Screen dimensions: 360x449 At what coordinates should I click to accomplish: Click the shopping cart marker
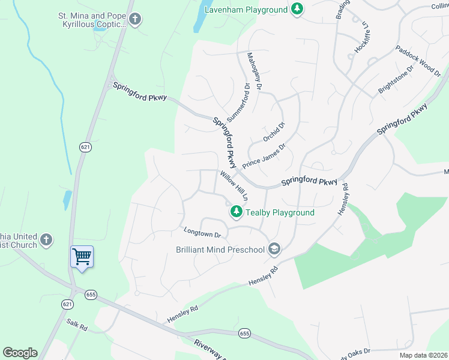[82, 257]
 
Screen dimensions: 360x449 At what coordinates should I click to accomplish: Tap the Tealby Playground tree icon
[237, 211]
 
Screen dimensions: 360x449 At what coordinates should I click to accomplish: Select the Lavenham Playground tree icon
[297, 9]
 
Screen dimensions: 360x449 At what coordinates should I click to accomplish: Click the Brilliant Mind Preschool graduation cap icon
[274, 249]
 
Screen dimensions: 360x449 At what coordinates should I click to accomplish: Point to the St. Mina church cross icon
[135, 19]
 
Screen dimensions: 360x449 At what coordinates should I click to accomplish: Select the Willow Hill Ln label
[234, 185]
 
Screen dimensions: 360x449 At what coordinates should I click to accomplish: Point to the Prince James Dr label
[264, 155]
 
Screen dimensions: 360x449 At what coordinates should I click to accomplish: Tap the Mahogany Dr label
[255, 71]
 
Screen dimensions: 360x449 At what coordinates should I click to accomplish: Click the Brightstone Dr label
[396, 79]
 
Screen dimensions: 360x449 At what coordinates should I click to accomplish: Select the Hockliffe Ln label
[361, 37]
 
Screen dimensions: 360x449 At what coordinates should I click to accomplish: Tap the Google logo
[20, 353]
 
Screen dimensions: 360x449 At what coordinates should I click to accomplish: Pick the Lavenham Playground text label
[246, 10]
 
